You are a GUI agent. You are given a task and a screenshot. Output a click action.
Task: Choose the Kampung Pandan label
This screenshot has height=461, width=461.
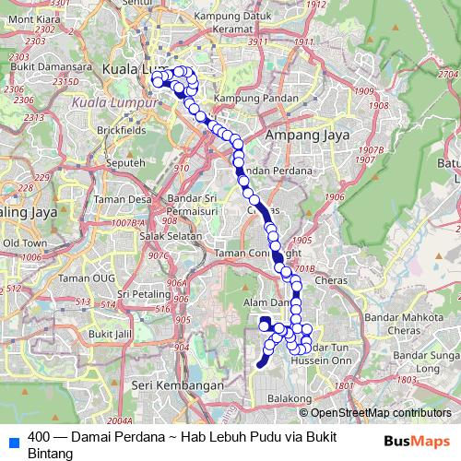(x=245, y=98)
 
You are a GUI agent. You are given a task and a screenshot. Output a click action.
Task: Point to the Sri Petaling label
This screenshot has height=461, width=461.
(x=128, y=294)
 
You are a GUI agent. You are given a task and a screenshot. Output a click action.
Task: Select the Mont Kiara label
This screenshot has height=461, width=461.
(x=30, y=18)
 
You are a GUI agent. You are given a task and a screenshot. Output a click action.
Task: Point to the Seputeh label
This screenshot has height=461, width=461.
(x=126, y=162)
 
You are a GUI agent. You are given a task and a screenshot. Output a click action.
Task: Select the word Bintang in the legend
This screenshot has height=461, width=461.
(x=50, y=454)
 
